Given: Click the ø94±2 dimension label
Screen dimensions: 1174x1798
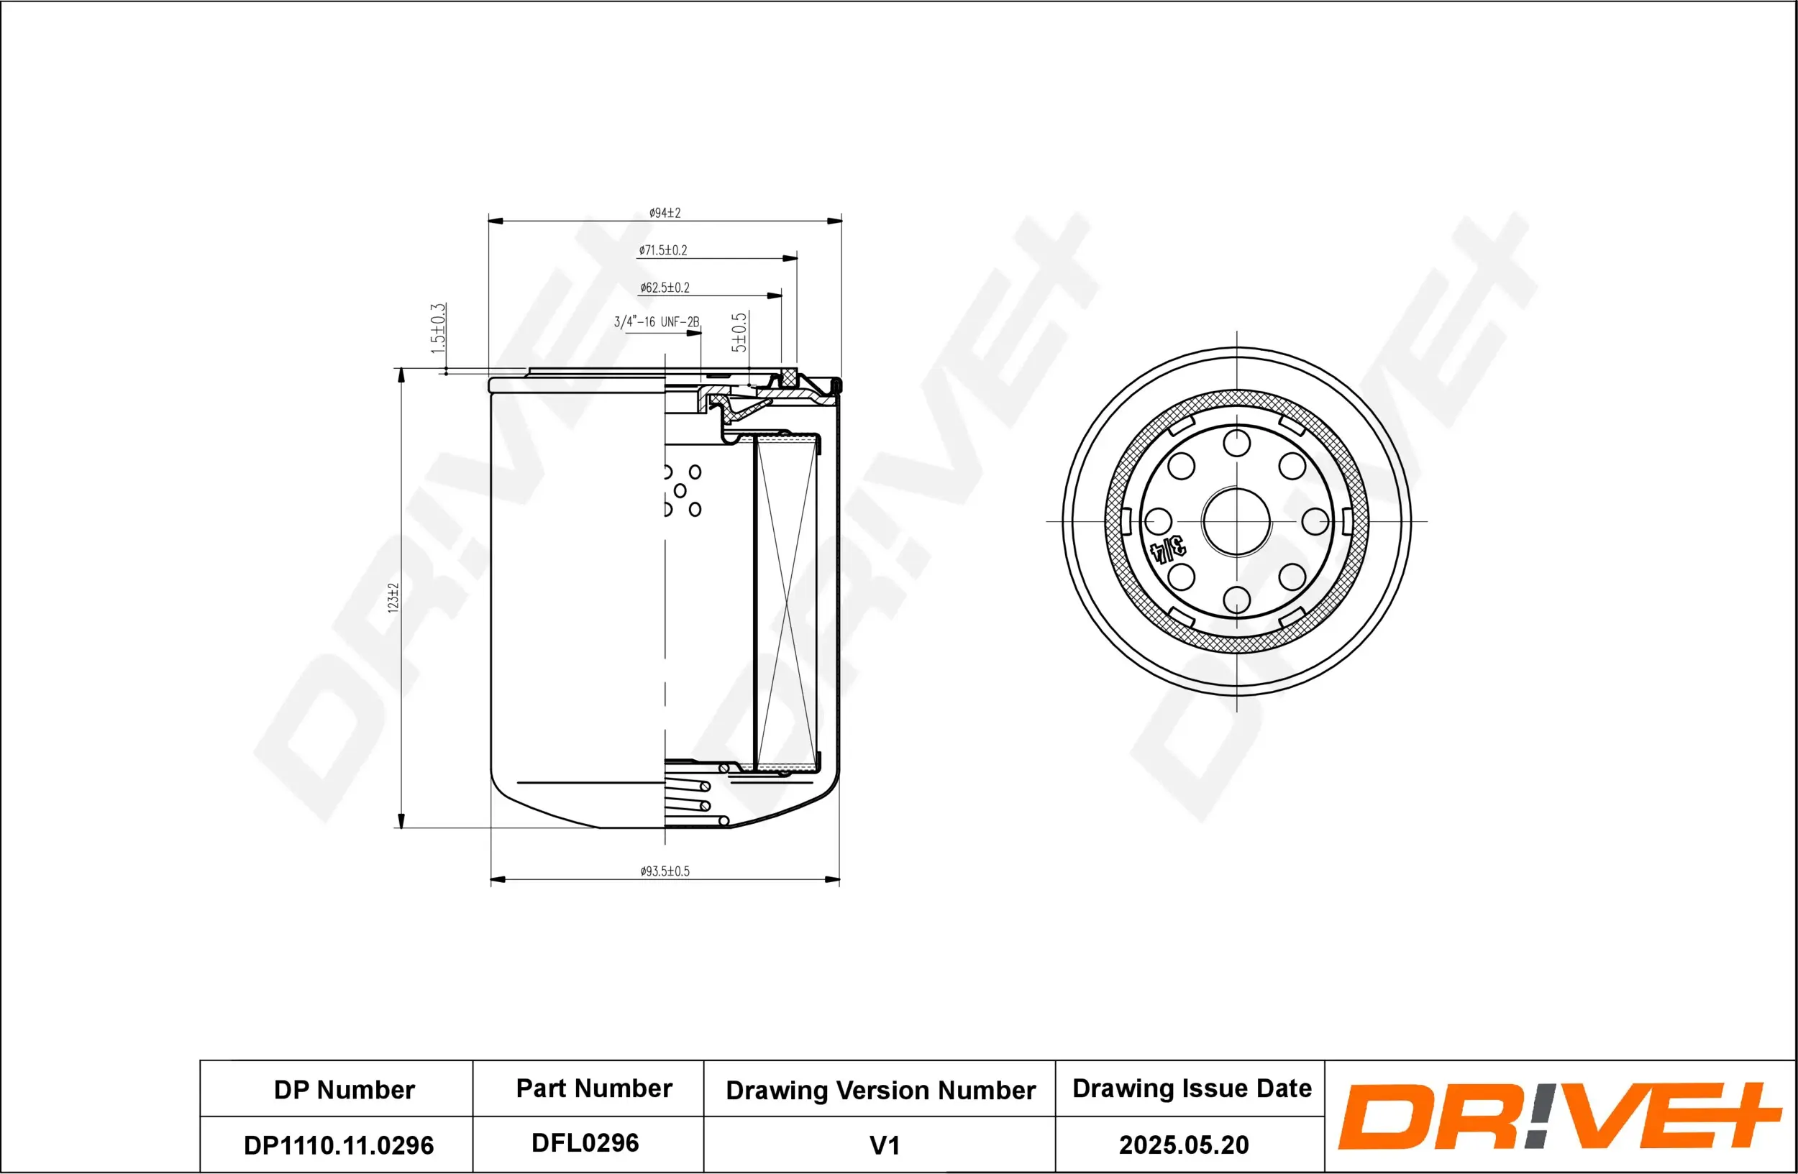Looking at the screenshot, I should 665,213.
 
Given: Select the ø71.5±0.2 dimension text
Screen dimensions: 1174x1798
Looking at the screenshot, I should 662,250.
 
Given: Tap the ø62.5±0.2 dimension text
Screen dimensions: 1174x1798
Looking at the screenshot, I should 664,288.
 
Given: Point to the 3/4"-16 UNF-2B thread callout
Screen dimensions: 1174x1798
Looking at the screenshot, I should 656,322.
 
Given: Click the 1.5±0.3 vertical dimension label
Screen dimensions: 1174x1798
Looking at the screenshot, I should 438,329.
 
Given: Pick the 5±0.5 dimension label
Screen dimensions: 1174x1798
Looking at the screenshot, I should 739,332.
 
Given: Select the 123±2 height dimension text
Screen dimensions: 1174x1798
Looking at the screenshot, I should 393,597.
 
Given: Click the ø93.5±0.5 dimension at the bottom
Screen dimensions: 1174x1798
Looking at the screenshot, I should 665,871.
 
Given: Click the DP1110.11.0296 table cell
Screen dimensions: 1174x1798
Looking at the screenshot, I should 339,1145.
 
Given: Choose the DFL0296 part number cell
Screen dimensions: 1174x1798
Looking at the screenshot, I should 585,1143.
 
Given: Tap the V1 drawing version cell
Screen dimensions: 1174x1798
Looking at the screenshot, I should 884,1145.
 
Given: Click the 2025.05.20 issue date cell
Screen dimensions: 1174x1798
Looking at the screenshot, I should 1183,1145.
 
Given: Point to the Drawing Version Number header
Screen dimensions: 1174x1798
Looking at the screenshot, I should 880,1090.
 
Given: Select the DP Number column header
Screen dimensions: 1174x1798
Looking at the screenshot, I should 344,1089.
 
